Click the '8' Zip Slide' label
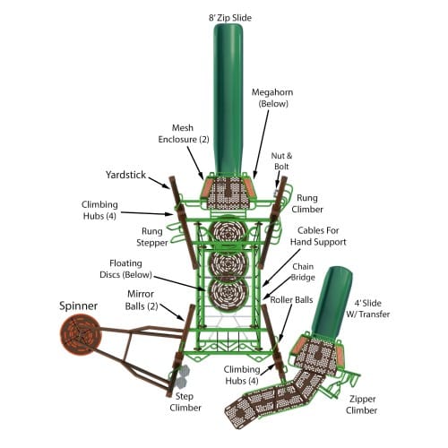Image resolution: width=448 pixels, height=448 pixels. pos(230,18)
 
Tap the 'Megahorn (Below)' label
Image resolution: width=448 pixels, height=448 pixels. pos(272,98)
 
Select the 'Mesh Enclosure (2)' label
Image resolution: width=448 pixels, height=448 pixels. pos(184,134)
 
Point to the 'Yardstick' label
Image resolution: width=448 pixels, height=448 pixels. pos(125,175)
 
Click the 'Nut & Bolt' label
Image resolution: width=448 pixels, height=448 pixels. pos(281,161)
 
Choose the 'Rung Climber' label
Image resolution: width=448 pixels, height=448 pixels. pos(307,203)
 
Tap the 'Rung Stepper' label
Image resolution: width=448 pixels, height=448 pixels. pos(152,237)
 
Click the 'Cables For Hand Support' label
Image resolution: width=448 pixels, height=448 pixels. pos(318,236)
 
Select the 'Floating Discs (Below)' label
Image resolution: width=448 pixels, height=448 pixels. pos(125,269)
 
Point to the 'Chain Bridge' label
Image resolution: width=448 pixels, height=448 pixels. pos(303,271)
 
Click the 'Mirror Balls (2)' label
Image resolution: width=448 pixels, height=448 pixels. pos(142,300)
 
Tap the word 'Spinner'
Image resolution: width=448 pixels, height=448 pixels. pos(78,306)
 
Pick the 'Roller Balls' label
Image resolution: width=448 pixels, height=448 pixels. pos(291,300)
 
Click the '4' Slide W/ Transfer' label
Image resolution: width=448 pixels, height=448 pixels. pos(368,308)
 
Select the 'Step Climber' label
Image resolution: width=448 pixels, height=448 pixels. pos(185,402)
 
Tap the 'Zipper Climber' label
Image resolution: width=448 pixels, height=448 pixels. pos(362,405)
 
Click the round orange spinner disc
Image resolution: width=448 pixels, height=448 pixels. pos(81,336)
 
